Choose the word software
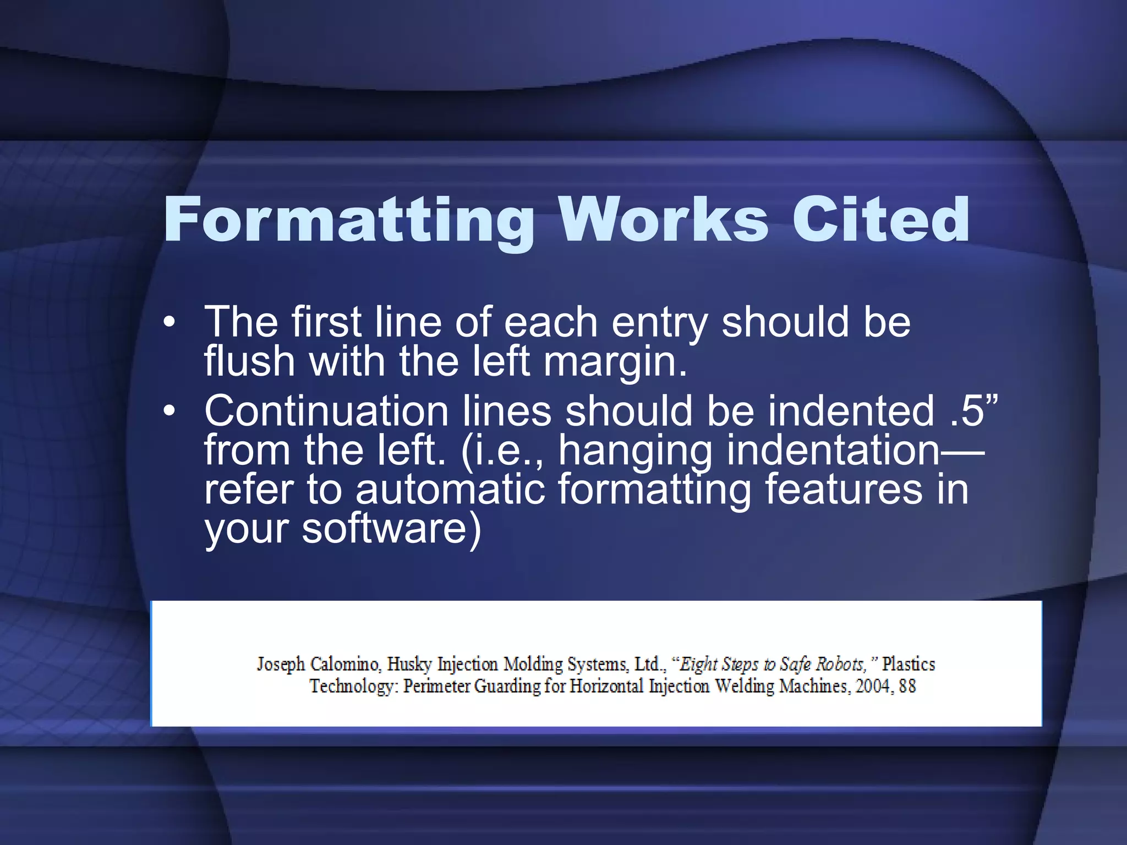tap(391, 528)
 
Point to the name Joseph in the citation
tap(281, 665)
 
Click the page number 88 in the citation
tap(907, 687)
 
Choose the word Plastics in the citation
tap(909, 665)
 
